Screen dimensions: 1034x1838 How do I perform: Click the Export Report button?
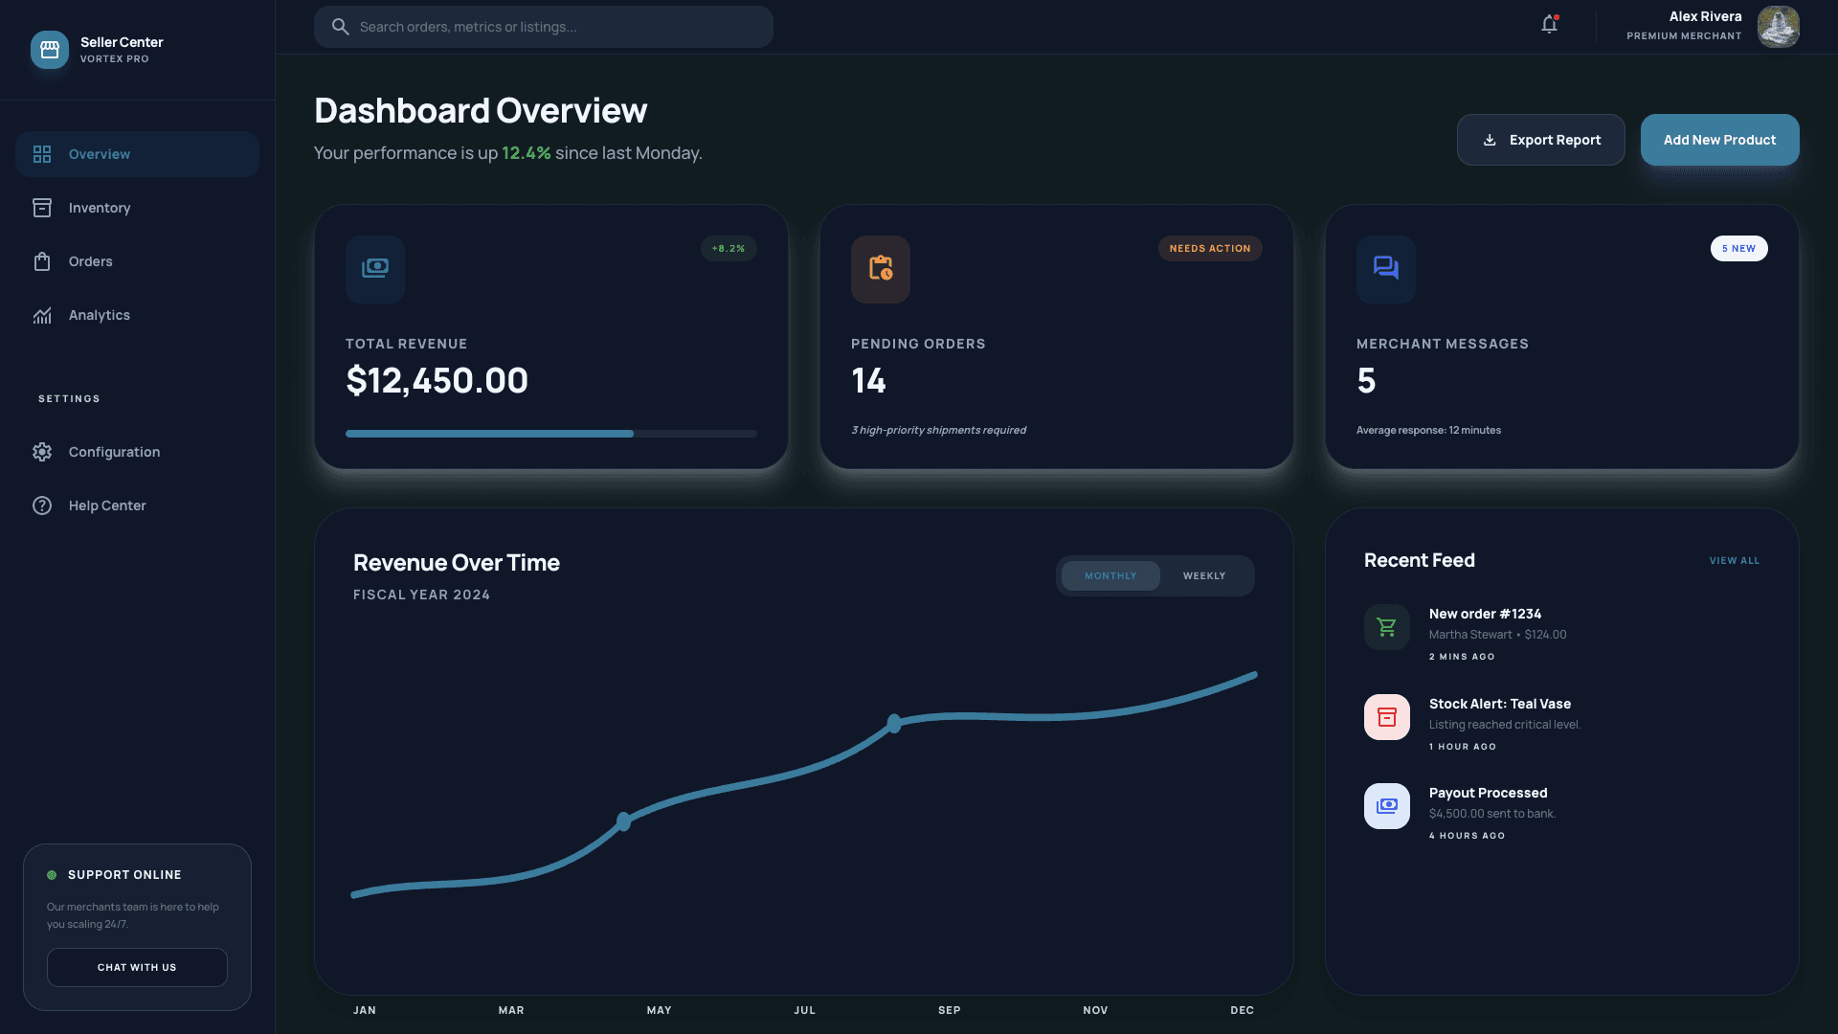(x=1540, y=140)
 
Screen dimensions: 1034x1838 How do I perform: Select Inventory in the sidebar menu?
(x=100, y=208)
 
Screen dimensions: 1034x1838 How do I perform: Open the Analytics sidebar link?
(x=100, y=315)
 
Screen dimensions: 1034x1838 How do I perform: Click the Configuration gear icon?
(x=42, y=452)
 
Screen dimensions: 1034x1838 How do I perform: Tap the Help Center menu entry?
(x=107, y=506)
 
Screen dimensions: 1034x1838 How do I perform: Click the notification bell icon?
(x=1549, y=25)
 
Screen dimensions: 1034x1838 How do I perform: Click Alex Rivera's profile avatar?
(x=1778, y=26)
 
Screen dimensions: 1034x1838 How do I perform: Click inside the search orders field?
(x=555, y=27)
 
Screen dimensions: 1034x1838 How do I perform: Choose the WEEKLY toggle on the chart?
(x=1203, y=575)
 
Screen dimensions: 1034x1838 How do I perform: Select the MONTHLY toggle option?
(x=1110, y=575)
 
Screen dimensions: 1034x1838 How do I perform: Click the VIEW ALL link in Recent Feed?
(x=1734, y=561)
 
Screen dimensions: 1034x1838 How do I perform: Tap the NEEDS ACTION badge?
(x=1209, y=248)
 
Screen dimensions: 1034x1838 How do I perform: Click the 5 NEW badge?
(x=1738, y=248)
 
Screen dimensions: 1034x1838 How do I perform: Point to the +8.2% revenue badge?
(x=728, y=248)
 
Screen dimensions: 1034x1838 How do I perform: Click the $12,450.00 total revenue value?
(x=437, y=381)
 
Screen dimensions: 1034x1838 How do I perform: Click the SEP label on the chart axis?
(x=949, y=1010)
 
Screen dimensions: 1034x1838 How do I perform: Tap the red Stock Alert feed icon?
(x=1386, y=717)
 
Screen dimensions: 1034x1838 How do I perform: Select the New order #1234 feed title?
(x=1485, y=614)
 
